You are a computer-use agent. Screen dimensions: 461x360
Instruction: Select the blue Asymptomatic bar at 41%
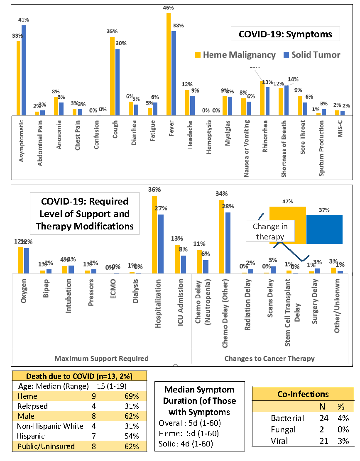coord(24,71)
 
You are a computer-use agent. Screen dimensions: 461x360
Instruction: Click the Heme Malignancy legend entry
coord(235,55)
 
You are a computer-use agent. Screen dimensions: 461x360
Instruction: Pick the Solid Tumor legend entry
coord(311,55)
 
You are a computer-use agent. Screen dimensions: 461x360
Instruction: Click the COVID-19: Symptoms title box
coord(285,34)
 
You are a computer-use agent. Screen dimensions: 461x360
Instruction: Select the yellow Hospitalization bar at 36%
coord(154,234)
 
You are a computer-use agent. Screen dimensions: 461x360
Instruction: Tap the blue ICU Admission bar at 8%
coord(184,264)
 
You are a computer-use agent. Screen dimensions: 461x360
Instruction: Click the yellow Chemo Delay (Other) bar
coord(222,237)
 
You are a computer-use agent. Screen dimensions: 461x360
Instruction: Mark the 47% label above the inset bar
coord(287,202)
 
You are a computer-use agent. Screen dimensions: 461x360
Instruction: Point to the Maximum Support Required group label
coord(101,358)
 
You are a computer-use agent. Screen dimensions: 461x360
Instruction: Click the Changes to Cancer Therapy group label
coord(269,358)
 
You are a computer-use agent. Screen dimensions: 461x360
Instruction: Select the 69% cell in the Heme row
coord(131,396)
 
